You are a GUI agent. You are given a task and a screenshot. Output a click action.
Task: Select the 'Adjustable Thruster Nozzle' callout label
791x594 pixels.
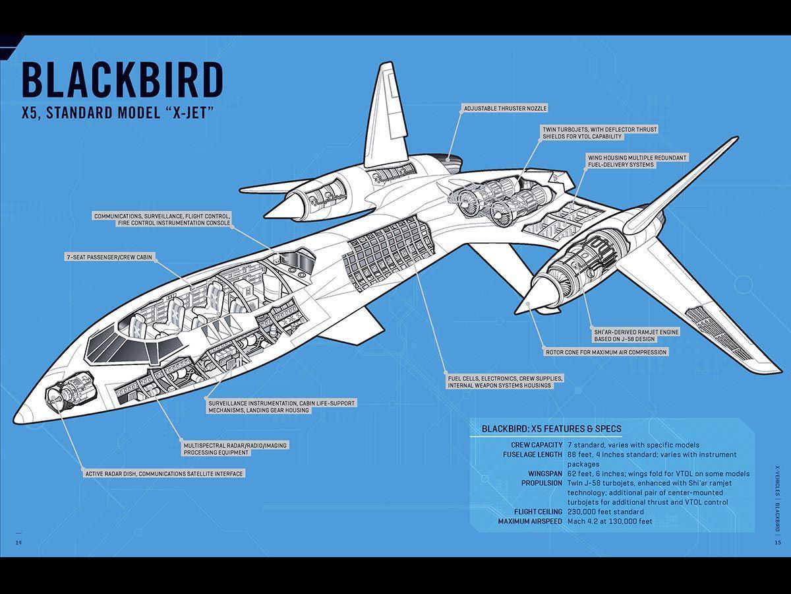(504, 108)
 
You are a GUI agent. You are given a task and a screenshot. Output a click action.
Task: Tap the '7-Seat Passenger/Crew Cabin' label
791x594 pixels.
(109, 257)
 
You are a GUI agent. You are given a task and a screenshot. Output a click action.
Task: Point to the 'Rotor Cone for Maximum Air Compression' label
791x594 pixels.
(606, 352)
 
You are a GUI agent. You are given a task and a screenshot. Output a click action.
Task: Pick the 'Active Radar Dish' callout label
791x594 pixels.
(164, 473)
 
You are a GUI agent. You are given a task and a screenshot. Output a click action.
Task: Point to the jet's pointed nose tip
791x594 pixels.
(17, 420)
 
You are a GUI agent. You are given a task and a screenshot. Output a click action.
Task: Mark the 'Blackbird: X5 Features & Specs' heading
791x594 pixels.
(551, 428)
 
